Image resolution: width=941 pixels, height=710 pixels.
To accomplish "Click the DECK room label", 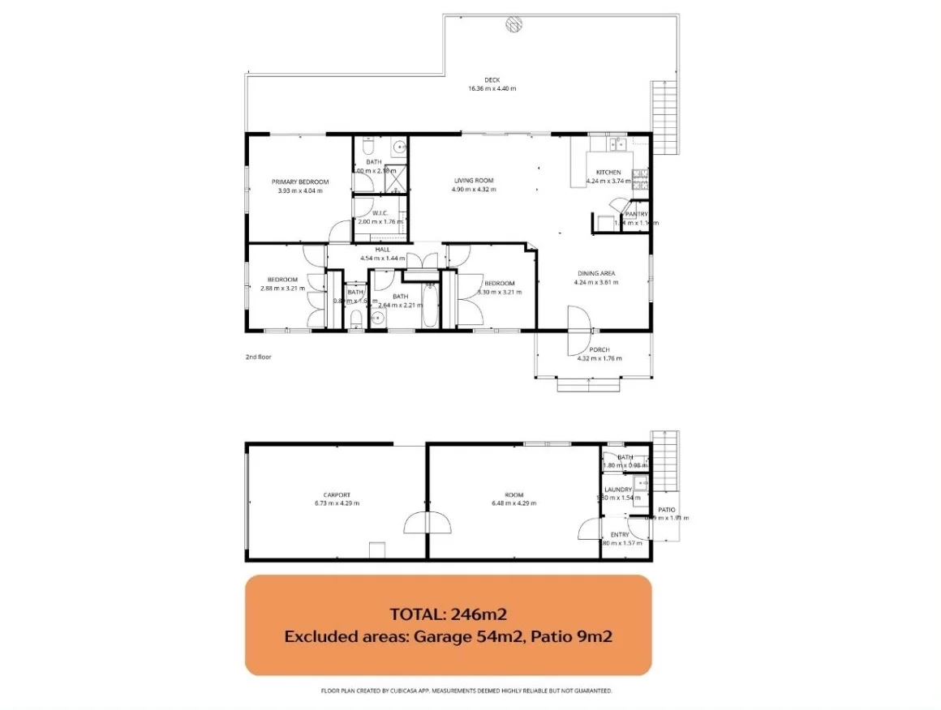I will (x=492, y=79).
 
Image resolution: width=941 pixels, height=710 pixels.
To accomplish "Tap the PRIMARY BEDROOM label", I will (x=300, y=182).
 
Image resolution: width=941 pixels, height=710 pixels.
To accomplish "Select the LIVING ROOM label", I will (x=474, y=181).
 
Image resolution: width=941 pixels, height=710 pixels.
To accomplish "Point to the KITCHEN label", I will (x=608, y=173).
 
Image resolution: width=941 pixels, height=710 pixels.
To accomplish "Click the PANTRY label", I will (x=647, y=214).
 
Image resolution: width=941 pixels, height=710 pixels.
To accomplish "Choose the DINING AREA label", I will (x=596, y=274).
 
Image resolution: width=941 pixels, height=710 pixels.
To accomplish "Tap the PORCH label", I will (x=599, y=350).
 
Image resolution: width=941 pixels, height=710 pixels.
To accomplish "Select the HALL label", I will (x=383, y=250).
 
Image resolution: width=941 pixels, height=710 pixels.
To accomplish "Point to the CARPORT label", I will (x=337, y=494).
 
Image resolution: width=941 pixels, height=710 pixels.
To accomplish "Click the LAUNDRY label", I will (x=618, y=490).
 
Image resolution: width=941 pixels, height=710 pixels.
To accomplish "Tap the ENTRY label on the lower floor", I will (x=619, y=535).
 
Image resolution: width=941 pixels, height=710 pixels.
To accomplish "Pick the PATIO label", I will (x=667, y=510).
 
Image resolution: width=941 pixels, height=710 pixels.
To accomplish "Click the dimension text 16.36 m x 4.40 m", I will (x=492, y=88).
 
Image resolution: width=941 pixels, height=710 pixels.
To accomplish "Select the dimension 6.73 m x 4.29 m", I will (x=337, y=503).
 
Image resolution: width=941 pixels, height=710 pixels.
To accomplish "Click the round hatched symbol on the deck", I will (x=513, y=24).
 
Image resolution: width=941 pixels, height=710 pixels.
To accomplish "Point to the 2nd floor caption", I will (x=259, y=357).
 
